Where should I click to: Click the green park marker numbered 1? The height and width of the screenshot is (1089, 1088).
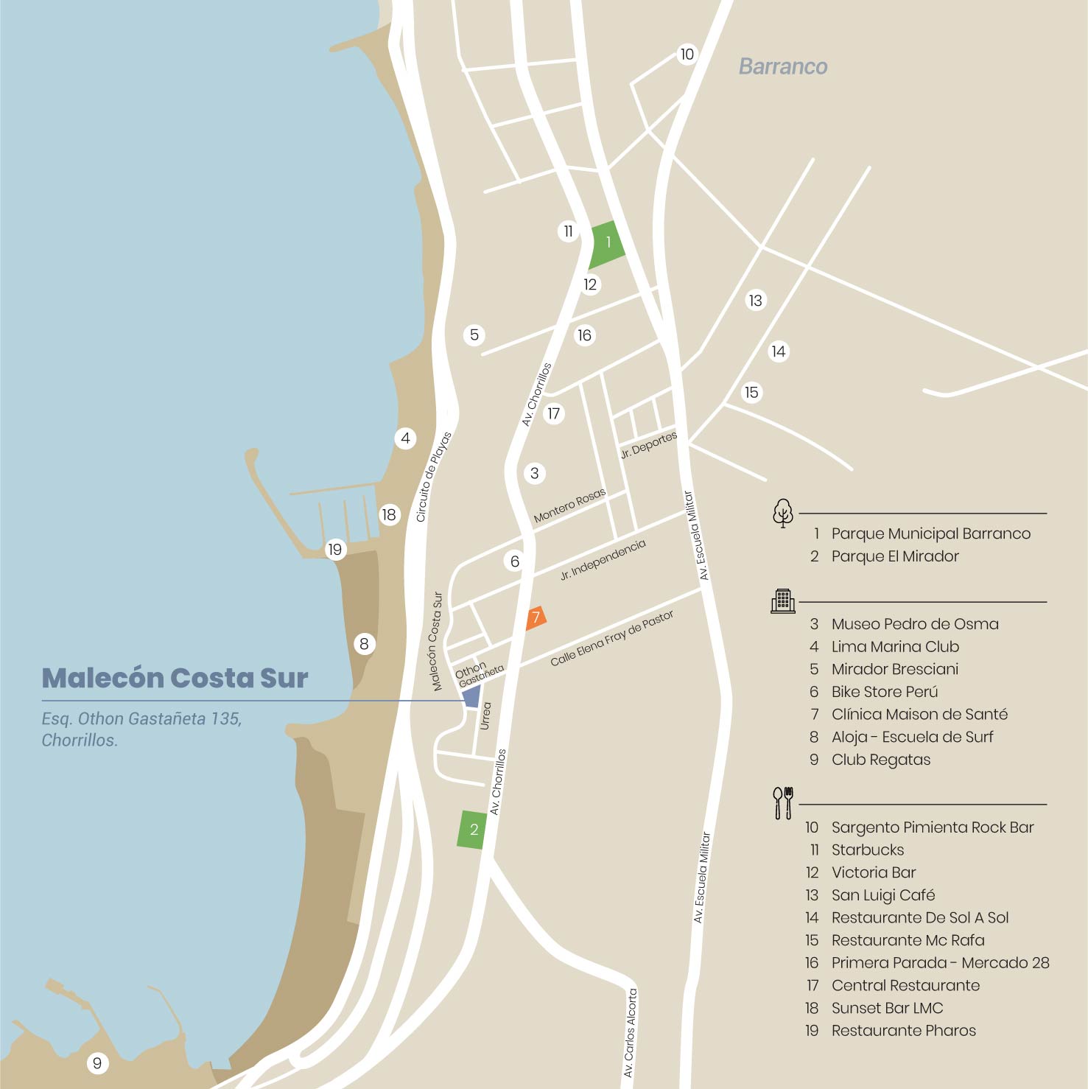coord(608,244)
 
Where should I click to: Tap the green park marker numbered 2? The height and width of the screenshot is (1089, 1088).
coord(473,830)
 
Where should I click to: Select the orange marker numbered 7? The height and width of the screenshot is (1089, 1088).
coord(536,617)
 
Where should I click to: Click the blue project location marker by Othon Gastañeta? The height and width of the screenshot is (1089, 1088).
coord(471,696)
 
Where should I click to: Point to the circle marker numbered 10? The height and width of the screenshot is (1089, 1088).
coord(687,55)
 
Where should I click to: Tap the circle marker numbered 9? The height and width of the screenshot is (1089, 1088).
coord(96,1063)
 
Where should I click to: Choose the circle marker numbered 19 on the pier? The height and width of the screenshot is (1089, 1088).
coord(335,549)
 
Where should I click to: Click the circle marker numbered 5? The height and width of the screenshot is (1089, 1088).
coord(474,335)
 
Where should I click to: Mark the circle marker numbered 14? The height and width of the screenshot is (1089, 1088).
coord(779,351)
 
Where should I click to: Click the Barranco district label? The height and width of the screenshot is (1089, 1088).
coord(782,67)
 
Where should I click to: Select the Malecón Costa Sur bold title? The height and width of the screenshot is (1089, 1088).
coord(175,678)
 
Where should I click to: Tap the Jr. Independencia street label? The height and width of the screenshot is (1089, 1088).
coord(603,559)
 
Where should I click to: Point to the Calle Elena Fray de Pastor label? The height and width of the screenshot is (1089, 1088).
coord(611,638)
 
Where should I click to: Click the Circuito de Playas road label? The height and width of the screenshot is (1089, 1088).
coord(433,477)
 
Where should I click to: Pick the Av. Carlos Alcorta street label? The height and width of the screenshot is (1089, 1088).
coord(630,1033)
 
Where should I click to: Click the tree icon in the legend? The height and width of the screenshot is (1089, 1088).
coord(782,513)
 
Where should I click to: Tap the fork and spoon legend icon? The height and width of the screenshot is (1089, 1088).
coord(782,803)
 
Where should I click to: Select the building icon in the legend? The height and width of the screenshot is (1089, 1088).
coord(782,601)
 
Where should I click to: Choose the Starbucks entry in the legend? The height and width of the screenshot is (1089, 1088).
coord(867,850)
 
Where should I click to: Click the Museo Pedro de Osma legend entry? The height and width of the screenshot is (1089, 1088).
coord(914,624)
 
